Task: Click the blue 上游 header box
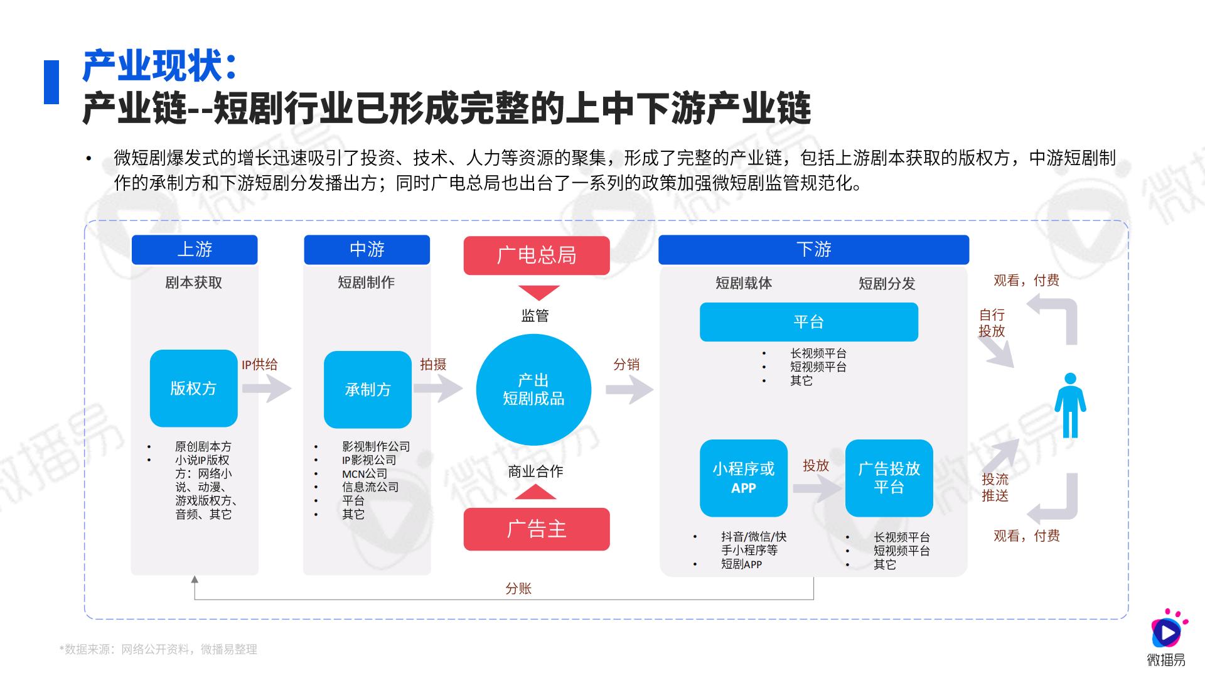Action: coord(195,250)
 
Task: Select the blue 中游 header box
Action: coord(367,250)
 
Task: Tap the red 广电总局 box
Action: coord(537,256)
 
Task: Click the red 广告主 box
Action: coord(537,529)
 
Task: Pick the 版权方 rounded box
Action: coord(194,389)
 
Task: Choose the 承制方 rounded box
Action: coord(368,390)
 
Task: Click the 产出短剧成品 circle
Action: coord(533,390)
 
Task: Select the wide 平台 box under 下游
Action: coord(809,322)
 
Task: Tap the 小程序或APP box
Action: coord(744,478)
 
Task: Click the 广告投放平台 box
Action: coord(889,478)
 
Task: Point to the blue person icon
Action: coord(1070,405)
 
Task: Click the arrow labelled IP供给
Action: coord(267,389)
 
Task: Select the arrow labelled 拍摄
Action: coord(438,389)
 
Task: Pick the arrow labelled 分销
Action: coord(629,390)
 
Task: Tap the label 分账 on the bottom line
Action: coord(518,588)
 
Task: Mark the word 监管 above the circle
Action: coord(535,316)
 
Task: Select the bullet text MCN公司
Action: coord(365,473)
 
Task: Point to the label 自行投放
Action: coord(992,323)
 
